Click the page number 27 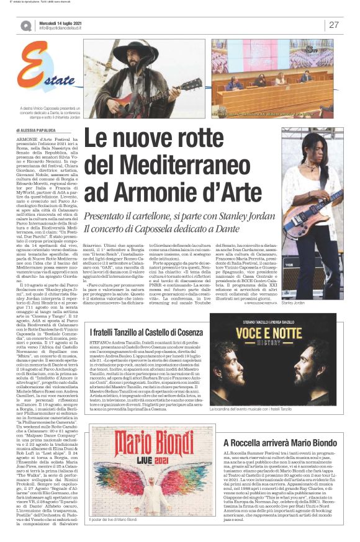point(334,25)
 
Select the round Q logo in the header point(26,25)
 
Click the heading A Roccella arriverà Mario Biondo point(286,425)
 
